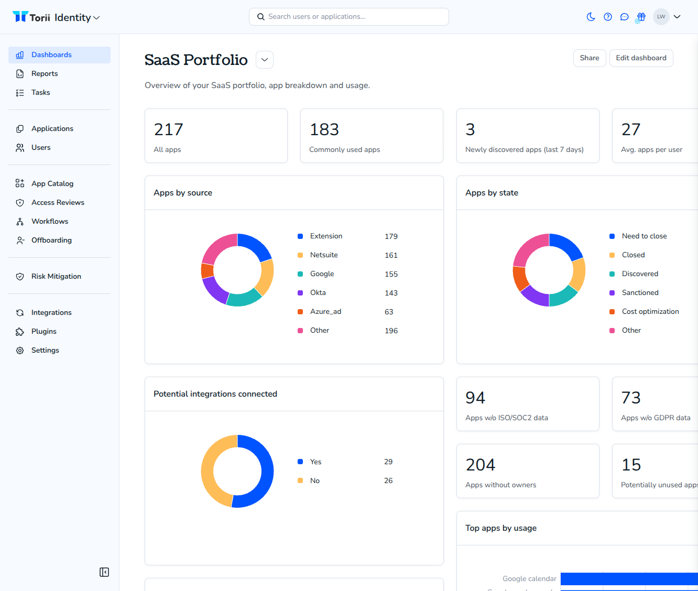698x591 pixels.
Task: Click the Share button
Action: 589,58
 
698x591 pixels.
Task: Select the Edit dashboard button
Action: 641,58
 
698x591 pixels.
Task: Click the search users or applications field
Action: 349,17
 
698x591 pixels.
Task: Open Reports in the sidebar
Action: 44,74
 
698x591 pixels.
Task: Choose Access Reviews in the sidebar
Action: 58,202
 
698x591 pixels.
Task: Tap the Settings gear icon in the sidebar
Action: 20,350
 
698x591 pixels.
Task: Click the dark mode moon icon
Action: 591,17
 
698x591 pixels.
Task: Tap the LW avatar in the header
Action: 661,17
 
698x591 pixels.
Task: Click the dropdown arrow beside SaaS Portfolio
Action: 265,60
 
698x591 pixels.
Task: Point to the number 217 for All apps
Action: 169,129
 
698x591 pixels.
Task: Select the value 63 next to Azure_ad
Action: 389,312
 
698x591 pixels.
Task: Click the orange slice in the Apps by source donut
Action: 207,270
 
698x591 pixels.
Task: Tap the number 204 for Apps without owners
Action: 480,465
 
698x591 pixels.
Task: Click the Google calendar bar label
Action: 529,578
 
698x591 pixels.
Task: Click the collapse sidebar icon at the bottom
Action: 104,572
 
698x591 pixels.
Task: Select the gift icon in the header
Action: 641,17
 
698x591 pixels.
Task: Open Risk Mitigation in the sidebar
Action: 56,276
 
